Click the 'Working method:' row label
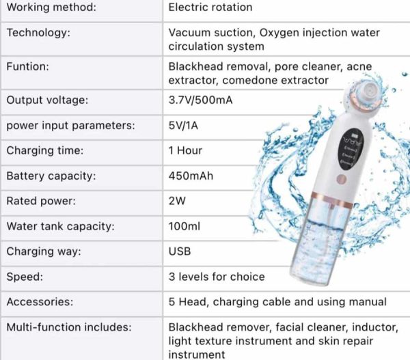[51, 8]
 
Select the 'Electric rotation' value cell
[210, 8]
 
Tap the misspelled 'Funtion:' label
[28, 66]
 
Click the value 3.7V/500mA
[200, 100]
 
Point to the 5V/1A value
[183, 125]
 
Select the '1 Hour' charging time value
[185, 150]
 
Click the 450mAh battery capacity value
[191, 176]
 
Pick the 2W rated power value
[177, 201]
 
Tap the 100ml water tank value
[184, 226]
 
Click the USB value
[180, 251]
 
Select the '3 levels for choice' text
[217, 277]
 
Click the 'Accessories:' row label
[40, 302]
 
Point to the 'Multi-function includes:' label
[69, 327]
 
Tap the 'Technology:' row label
[38, 33]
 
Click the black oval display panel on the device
[352, 149]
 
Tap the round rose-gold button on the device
[342, 180]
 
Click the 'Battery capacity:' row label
[51, 176]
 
